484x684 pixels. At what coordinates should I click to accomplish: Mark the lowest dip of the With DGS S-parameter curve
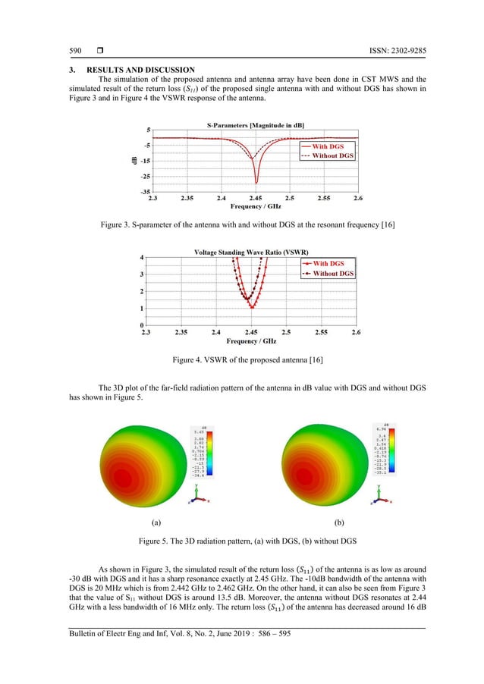pos(256,183)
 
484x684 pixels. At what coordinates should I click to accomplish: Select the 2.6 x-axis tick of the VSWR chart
pos(357,333)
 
